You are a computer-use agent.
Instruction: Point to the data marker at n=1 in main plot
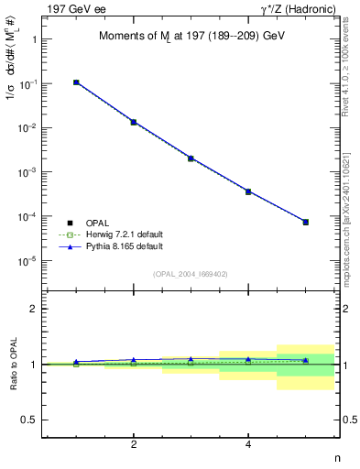tap(76, 82)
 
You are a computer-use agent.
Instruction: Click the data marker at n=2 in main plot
tap(134, 122)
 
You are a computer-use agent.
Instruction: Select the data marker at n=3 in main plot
tap(191, 158)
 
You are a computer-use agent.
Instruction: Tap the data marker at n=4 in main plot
tap(248, 191)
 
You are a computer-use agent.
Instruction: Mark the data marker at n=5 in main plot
tap(306, 222)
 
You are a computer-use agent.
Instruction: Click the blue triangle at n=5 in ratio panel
tap(306, 360)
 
